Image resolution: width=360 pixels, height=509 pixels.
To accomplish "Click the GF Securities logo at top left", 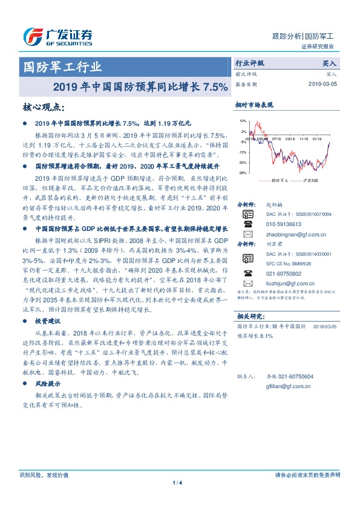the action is (x=57, y=37).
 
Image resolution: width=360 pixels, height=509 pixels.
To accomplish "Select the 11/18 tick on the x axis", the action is (x=301, y=138).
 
